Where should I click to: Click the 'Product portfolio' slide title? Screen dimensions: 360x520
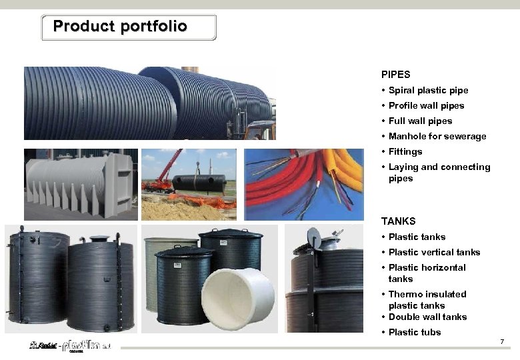pyautogui.click(x=120, y=27)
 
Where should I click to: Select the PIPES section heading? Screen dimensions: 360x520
pyautogui.click(x=395, y=75)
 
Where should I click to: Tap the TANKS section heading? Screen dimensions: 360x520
pyautogui.click(x=398, y=221)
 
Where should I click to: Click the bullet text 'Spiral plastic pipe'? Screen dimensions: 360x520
pyautogui.click(x=428, y=91)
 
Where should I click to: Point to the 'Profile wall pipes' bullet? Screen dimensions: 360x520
pyautogui.click(x=426, y=106)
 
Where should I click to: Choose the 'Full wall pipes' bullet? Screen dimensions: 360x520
pyautogui.click(x=420, y=121)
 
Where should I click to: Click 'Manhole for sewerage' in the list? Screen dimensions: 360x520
pyautogui.click(x=437, y=137)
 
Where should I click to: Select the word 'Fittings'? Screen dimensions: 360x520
pyautogui.click(x=405, y=152)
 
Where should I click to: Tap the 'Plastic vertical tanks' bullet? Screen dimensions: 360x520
pyautogui.click(x=434, y=253)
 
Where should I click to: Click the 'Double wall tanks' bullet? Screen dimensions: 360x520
pyautogui.click(x=427, y=317)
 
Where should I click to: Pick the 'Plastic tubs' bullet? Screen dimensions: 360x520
pyautogui.click(x=415, y=333)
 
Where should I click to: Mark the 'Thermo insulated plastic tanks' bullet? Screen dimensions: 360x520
pyautogui.click(x=427, y=299)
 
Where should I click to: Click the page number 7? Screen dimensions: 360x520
pyautogui.click(x=502, y=342)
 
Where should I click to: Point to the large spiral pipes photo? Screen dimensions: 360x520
pyautogui.click(x=149, y=103)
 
